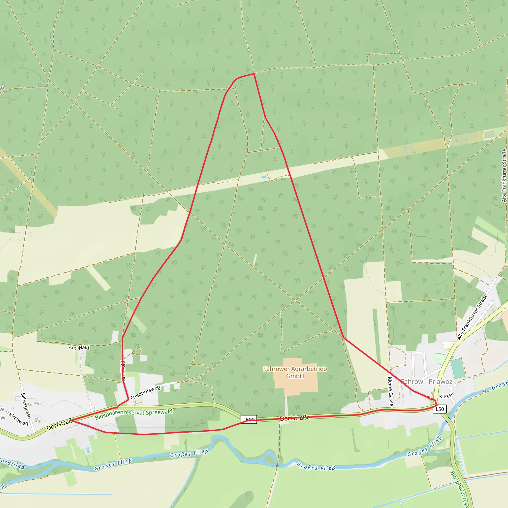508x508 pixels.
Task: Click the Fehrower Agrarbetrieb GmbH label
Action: pos(295,372)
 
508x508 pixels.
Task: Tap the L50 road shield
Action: pos(440,409)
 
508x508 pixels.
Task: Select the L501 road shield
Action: pos(249,419)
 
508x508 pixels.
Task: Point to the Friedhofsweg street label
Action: pos(145,393)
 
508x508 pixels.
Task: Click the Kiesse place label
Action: pos(446,396)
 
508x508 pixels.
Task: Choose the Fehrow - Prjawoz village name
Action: pos(426,381)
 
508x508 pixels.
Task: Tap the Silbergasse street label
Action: pos(26,406)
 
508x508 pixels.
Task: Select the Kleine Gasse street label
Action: pos(390,391)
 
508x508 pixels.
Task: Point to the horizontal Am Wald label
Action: pos(79,348)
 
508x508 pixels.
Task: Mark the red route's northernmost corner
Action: pos(254,74)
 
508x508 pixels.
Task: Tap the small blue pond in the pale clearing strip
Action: pos(264,177)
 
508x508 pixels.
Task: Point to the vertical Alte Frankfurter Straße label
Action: pos(504,175)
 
